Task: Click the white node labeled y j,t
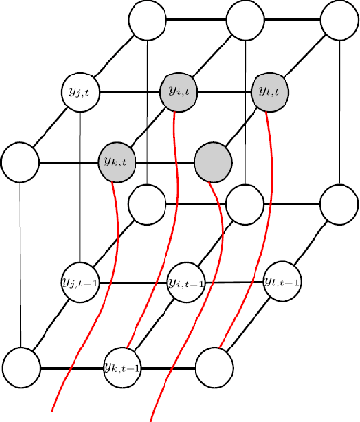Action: [x=77, y=91]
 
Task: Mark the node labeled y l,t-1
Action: [x=281, y=282]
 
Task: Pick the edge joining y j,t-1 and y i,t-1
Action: [x=131, y=282]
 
